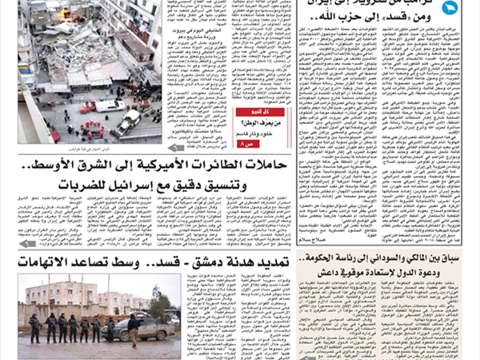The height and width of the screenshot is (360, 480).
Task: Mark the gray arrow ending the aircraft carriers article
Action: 27,243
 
